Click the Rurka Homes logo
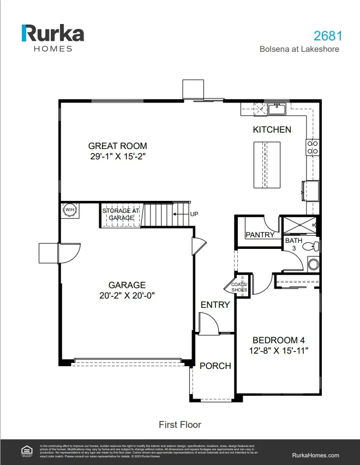(x=52, y=37)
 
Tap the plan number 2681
(x=328, y=36)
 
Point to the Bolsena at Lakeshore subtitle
(x=299, y=49)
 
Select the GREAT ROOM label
(x=118, y=146)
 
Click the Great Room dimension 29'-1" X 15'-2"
(x=118, y=156)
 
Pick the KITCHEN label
(x=272, y=130)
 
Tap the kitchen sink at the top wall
(x=277, y=108)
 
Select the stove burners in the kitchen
(x=313, y=147)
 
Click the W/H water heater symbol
(x=70, y=210)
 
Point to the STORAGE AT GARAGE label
(x=121, y=214)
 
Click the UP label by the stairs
(x=194, y=214)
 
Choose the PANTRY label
(x=260, y=235)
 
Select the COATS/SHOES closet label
(x=239, y=287)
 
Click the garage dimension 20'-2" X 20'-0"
(x=127, y=295)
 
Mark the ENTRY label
(x=215, y=305)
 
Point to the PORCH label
(x=215, y=366)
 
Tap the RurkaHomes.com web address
(x=316, y=455)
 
